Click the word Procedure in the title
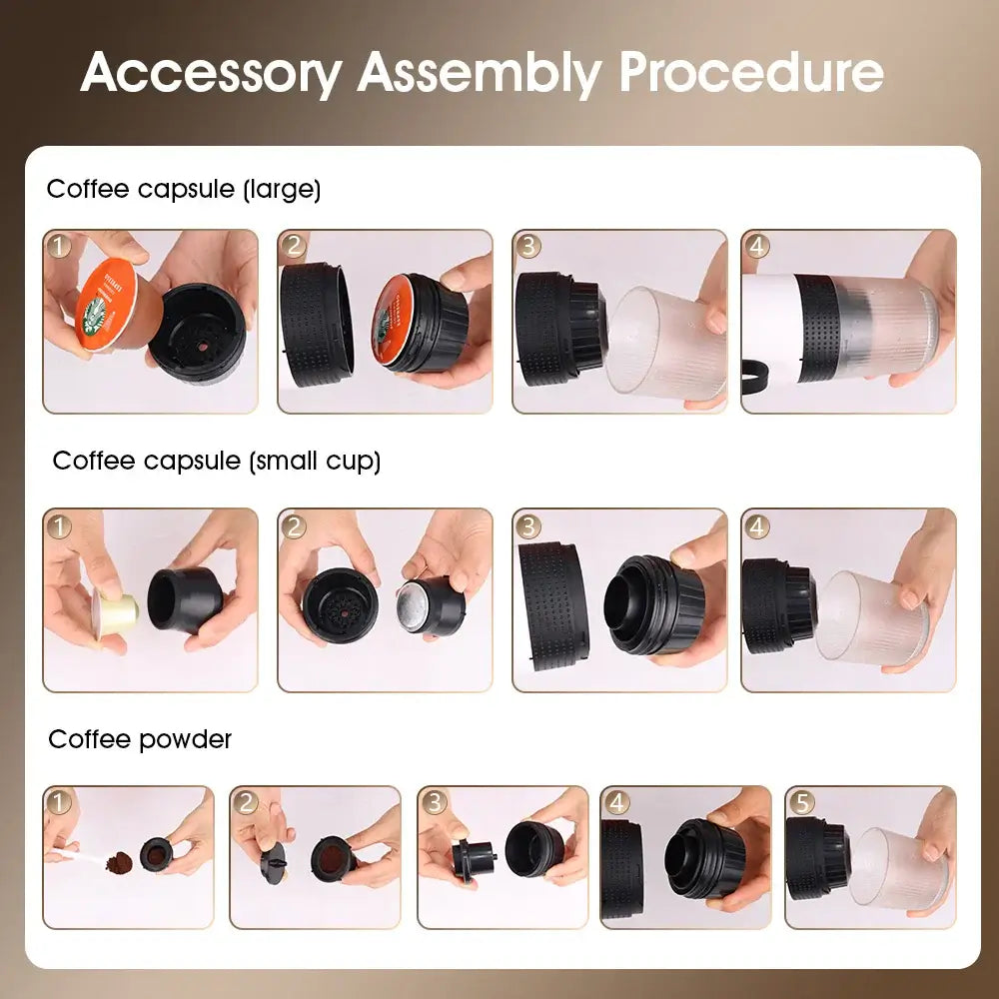pos(751,72)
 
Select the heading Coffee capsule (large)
pos(184,189)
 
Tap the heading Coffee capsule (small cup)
pos(217,461)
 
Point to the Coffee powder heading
pos(140,739)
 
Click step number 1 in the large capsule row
pos(59,246)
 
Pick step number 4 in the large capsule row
pos(756,246)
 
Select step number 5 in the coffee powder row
pos(800,802)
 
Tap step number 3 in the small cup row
pos(528,525)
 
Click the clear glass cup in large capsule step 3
pos(659,340)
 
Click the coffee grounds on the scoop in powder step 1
pos(119,860)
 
